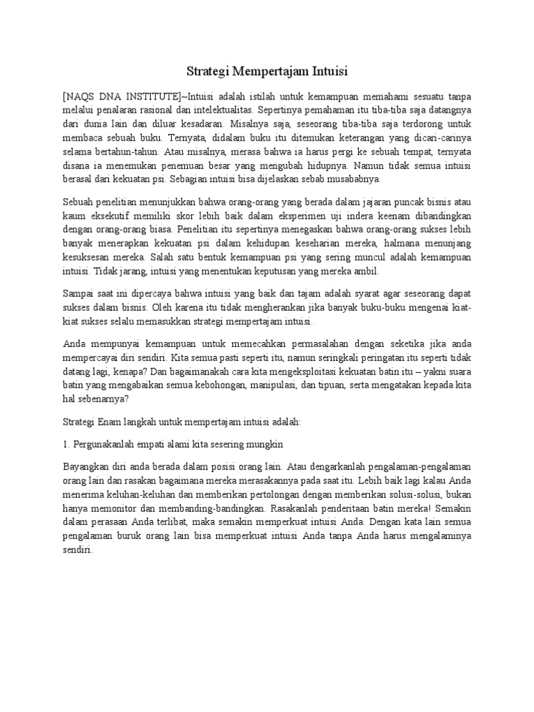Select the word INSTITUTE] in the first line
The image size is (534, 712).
149,95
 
